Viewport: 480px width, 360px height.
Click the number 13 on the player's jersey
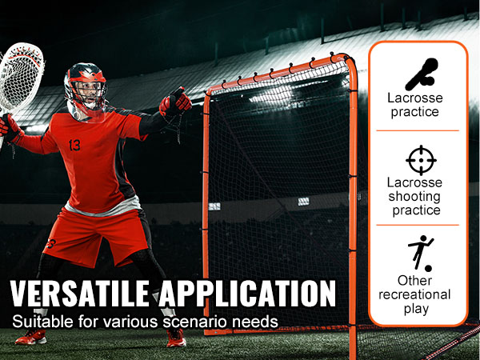point(74,145)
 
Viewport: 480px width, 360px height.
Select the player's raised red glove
point(175,102)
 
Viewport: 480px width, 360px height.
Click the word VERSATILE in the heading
point(79,294)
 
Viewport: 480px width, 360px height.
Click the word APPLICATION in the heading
point(247,294)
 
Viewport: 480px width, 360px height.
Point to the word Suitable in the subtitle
point(42,322)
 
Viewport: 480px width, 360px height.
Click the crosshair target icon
point(421,160)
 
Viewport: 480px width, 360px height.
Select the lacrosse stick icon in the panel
point(422,74)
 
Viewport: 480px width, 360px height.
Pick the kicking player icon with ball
point(422,254)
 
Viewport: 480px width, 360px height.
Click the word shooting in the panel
point(414,197)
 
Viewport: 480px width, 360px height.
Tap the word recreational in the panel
point(414,294)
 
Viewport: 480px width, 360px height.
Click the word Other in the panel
point(414,281)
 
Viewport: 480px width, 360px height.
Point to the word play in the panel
point(416,309)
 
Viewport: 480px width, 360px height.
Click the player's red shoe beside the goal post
point(176,338)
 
